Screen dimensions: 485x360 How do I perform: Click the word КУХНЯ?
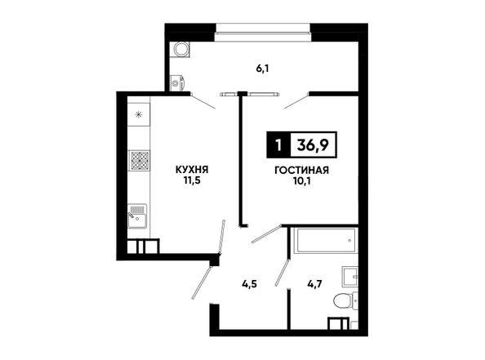[192, 170]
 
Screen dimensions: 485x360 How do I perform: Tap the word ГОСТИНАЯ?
[301, 170]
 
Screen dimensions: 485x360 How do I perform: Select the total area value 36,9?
[313, 144]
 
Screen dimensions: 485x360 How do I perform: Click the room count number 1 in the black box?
[278, 144]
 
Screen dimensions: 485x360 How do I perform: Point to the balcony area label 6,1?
[262, 69]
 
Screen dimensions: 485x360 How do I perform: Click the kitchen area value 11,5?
[192, 180]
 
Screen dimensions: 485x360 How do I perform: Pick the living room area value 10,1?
[301, 181]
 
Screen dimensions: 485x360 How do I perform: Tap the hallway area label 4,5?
[250, 283]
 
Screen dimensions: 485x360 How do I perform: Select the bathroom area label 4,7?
[314, 283]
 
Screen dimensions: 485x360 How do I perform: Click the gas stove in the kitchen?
[139, 160]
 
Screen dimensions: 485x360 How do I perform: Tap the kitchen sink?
[137, 216]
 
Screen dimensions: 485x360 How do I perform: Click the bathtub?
[327, 240]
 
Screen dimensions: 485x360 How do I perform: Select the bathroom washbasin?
[349, 276]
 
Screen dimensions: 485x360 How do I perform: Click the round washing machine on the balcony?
[180, 49]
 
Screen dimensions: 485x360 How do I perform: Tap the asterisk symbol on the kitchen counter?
[139, 115]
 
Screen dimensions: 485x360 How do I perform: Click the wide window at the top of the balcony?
[263, 33]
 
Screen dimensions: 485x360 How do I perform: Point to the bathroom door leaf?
[282, 272]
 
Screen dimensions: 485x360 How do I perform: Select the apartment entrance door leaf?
[202, 282]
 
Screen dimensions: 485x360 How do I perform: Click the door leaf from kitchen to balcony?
[203, 101]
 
